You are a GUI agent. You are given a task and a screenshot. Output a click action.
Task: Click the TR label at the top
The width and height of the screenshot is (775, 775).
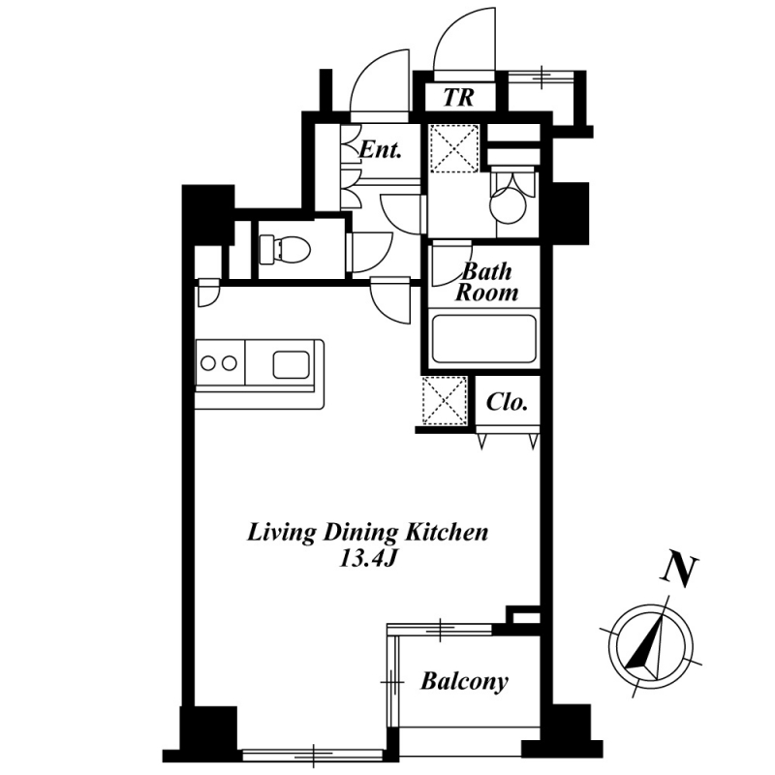coord(458,98)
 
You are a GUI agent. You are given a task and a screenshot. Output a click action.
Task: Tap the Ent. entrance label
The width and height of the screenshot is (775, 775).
coord(379,150)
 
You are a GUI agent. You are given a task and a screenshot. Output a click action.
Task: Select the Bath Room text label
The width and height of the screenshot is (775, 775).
coord(487,282)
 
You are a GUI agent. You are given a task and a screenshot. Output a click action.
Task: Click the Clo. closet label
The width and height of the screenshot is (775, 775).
coord(507,402)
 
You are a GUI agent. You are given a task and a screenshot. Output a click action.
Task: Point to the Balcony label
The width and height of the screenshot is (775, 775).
coord(464,682)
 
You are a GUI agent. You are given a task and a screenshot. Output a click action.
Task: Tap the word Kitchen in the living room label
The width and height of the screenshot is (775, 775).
coord(447,533)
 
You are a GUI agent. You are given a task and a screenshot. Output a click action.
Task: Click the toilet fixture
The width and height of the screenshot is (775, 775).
coord(284,249)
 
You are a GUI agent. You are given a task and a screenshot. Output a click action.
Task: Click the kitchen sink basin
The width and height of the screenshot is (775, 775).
coord(292,365)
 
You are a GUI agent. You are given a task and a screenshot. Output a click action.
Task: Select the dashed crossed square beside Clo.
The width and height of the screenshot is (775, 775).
coord(445,400)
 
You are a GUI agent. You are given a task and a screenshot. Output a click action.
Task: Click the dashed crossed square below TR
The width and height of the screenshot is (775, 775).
coord(453,148)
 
